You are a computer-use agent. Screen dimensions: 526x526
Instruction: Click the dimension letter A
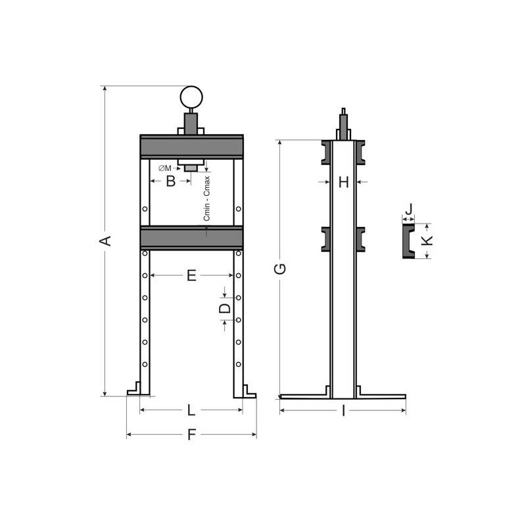tap(103, 241)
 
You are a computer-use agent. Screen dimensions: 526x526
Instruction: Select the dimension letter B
tap(170, 181)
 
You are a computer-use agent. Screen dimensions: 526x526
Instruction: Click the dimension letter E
tap(191, 276)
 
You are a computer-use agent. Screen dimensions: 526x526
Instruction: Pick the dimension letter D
tap(225, 307)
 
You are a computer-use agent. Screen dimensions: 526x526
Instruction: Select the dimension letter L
tap(191, 411)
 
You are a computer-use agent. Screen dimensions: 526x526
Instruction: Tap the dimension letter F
tap(191, 435)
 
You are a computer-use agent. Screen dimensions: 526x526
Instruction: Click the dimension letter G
tap(279, 268)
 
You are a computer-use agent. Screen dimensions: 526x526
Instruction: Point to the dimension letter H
tap(343, 181)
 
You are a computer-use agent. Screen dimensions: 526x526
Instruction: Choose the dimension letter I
tap(343, 412)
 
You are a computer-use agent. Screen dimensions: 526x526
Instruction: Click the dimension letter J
tap(408, 210)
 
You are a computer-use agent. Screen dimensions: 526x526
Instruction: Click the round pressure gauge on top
tap(191, 98)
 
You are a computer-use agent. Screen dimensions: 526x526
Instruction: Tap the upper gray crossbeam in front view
tap(191, 146)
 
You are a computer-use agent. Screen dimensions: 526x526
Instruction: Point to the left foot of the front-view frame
tap(139, 391)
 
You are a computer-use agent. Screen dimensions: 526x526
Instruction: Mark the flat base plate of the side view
tap(343, 396)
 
